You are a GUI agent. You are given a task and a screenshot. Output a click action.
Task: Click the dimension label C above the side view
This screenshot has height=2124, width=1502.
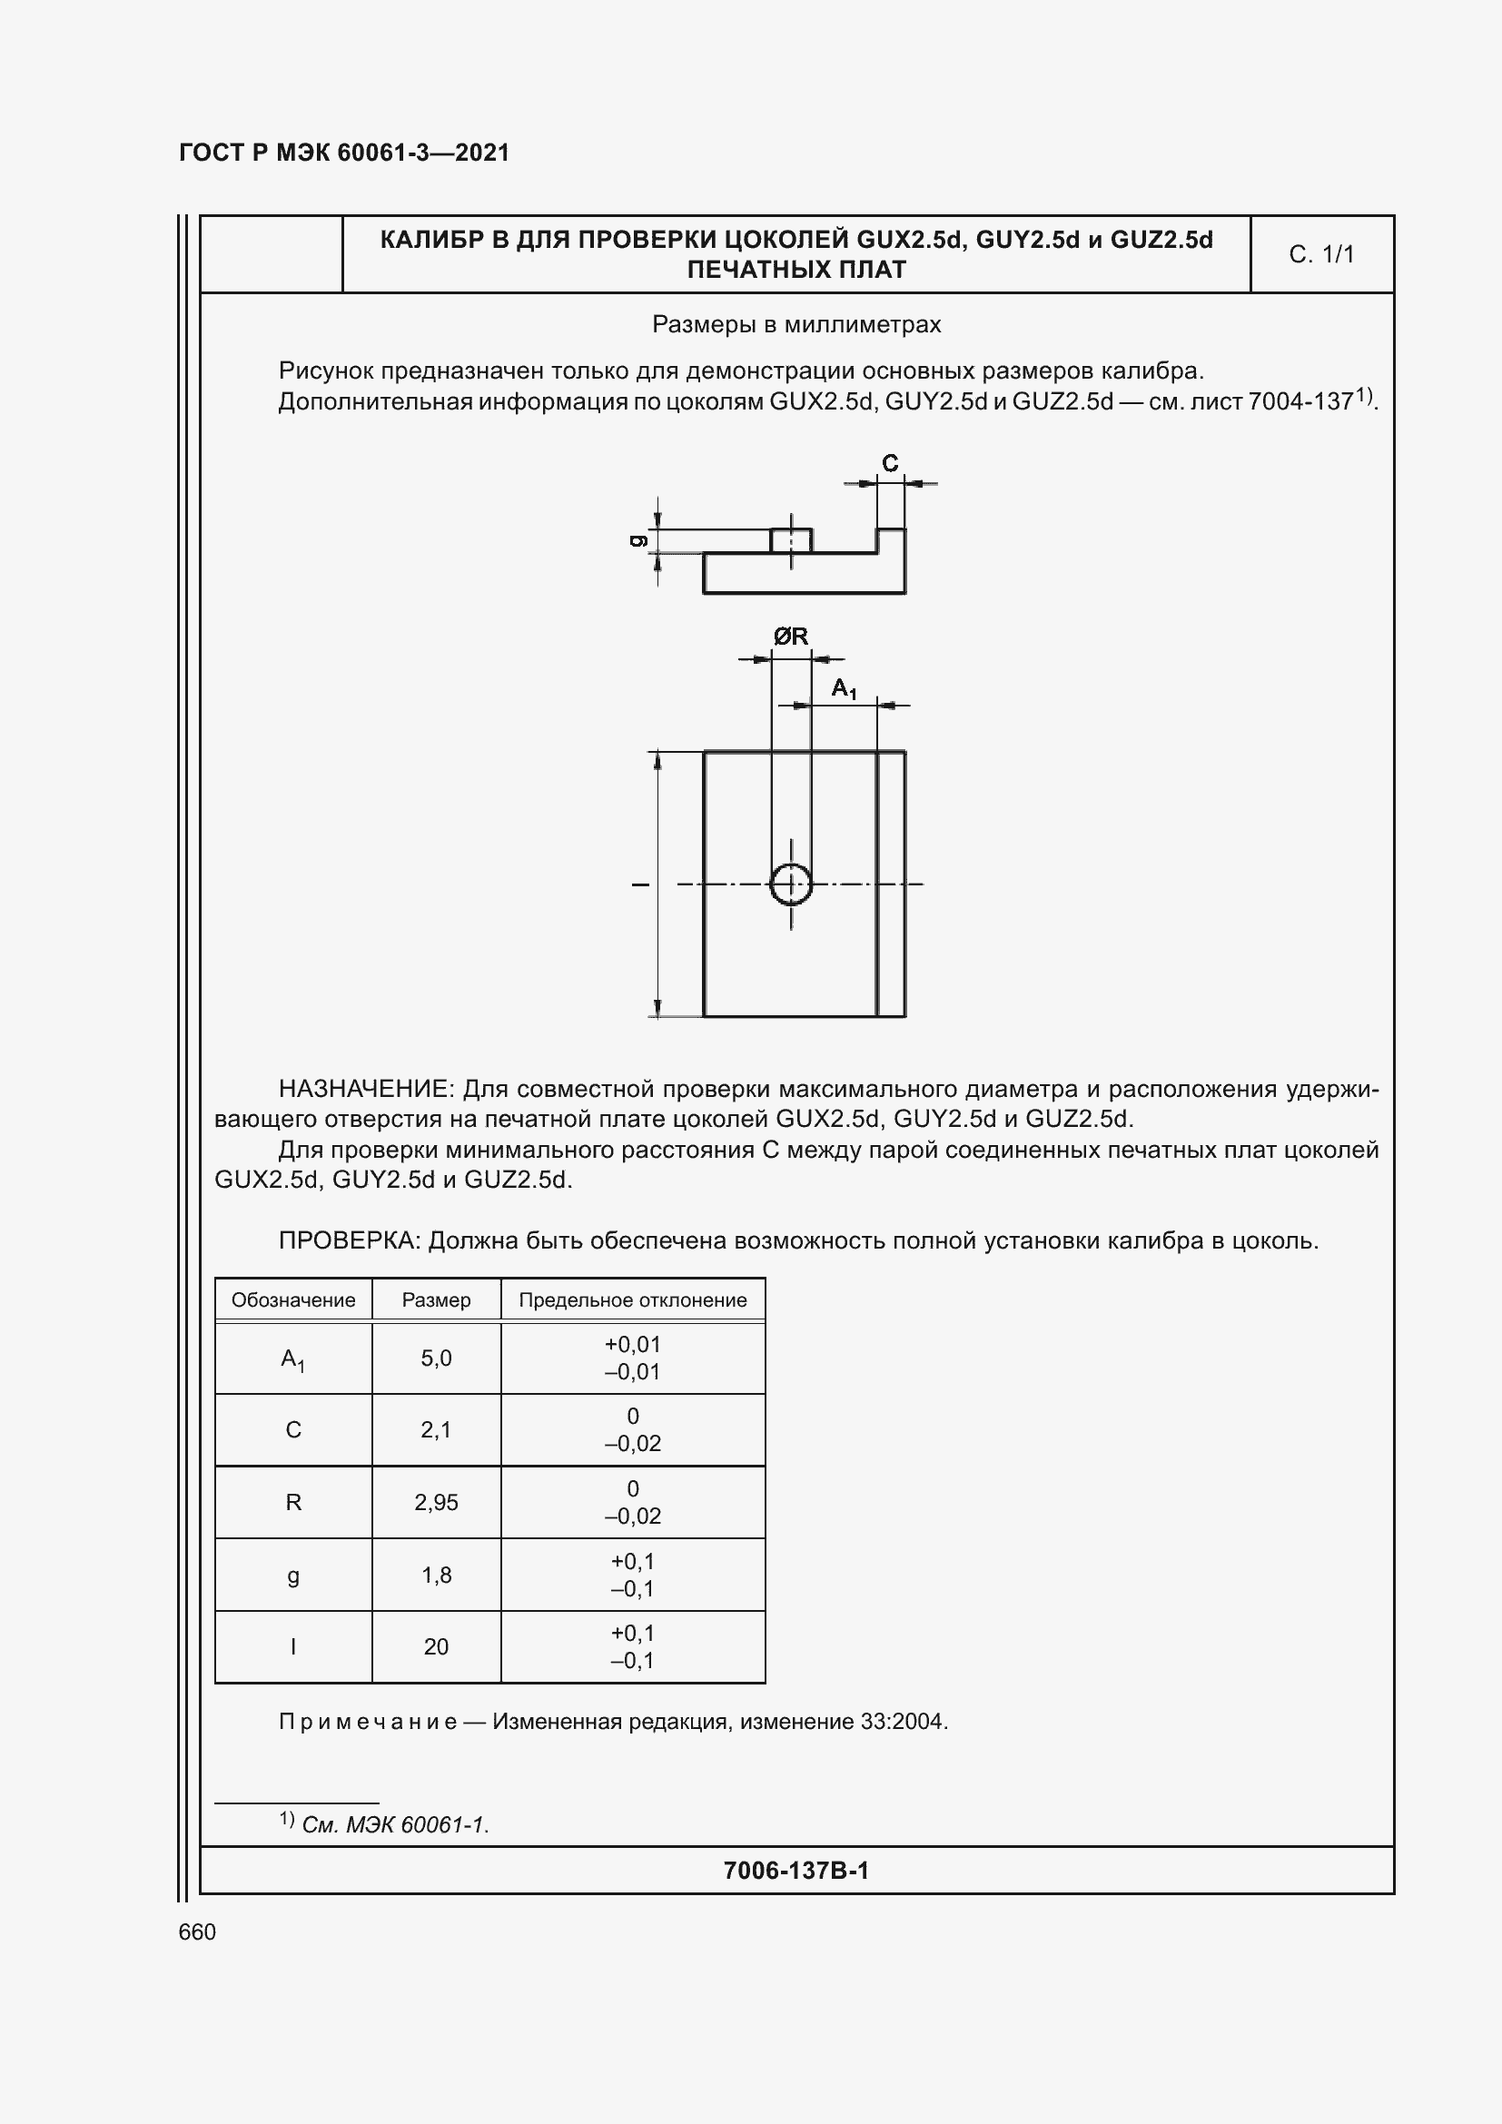890,463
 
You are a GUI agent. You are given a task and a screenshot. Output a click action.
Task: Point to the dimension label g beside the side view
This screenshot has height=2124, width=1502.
637,541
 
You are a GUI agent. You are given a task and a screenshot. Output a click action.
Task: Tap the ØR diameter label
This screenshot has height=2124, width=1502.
791,637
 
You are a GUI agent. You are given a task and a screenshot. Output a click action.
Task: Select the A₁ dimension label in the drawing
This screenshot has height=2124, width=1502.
844,688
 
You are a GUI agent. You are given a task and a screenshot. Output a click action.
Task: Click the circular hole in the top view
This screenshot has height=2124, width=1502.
791,884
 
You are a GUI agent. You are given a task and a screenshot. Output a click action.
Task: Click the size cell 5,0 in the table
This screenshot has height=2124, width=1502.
436,1358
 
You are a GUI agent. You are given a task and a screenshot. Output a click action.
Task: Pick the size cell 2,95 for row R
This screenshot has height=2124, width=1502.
436,1502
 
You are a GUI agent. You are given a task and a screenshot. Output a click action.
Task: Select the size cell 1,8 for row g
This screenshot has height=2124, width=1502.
436,1575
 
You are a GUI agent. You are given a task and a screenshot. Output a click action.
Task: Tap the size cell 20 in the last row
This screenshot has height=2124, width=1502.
436,1646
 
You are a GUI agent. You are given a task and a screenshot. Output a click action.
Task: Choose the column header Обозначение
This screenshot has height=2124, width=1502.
293,1299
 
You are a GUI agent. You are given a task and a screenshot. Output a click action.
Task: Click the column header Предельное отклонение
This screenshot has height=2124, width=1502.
633,1299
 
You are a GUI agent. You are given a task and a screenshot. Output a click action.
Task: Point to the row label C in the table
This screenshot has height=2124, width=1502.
293,1430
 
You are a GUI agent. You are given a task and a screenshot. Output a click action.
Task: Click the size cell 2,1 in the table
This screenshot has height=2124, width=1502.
436,1430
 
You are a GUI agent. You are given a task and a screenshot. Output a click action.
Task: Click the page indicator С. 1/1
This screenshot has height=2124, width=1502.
1320,254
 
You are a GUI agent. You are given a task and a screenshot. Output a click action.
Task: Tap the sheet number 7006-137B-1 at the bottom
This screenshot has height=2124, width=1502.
796,1871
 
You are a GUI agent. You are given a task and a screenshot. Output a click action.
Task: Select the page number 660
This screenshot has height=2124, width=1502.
197,1931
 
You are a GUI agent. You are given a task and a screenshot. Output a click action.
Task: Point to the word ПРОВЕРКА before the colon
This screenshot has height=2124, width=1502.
350,1240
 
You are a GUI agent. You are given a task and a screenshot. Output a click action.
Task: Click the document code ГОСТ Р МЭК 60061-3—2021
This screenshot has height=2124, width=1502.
344,153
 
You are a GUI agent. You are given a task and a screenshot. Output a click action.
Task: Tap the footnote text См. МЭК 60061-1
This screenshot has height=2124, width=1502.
395,1825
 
